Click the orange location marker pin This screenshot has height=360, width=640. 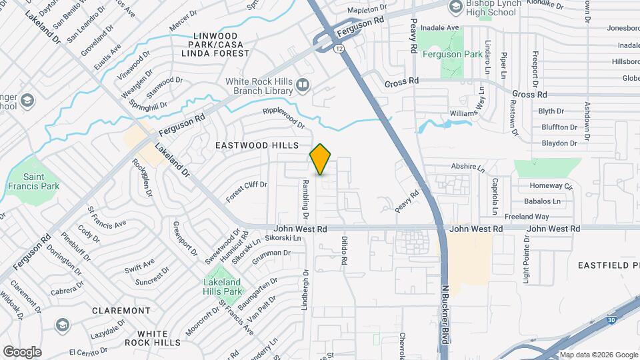[x=321, y=159]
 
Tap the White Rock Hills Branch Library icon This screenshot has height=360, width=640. [x=303, y=85]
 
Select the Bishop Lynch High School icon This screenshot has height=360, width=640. [x=455, y=7]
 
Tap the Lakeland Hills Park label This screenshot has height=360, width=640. [x=222, y=287]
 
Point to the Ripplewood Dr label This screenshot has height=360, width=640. [x=283, y=118]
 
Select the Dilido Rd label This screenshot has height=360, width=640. [x=345, y=251]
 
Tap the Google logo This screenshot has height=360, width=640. [x=23, y=351]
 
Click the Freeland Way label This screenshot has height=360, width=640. [x=527, y=217]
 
